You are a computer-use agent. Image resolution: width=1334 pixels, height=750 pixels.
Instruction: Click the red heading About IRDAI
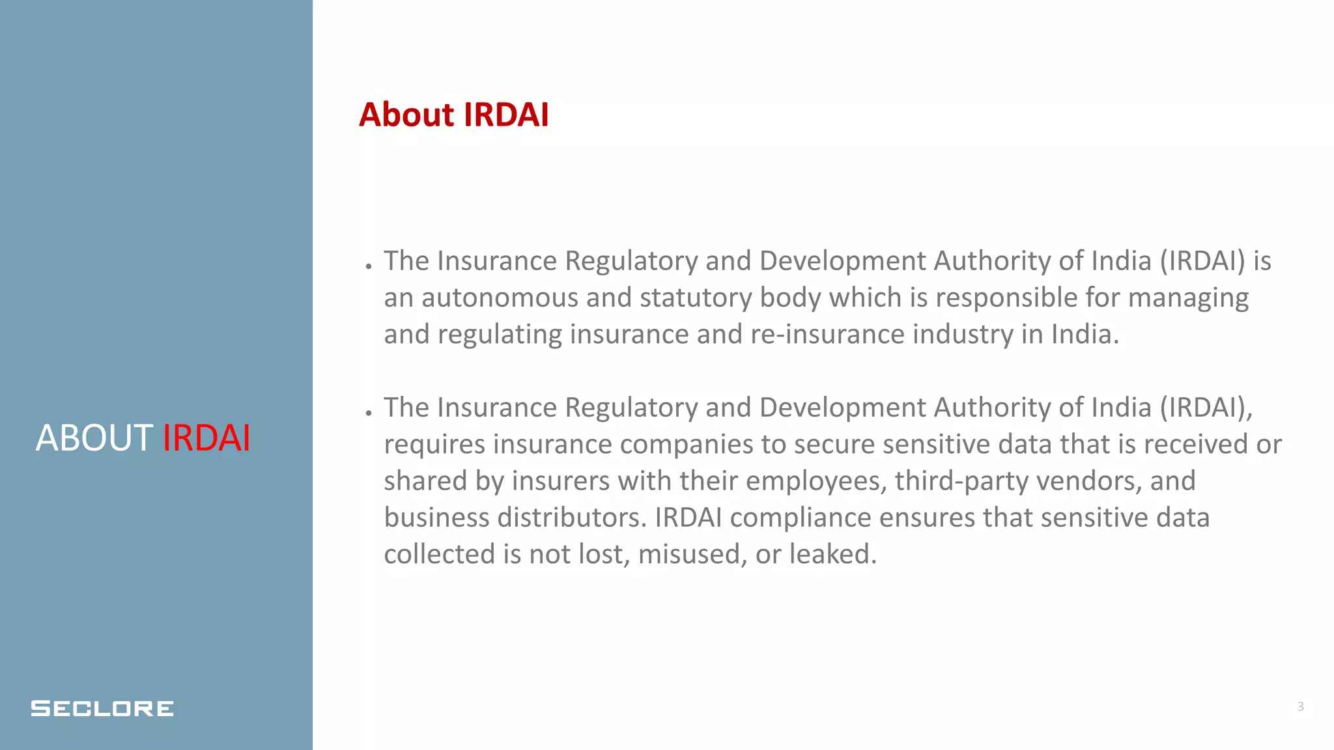pyautogui.click(x=454, y=115)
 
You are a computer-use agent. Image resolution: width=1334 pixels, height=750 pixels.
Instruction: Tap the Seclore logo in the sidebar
pyautogui.click(x=102, y=708)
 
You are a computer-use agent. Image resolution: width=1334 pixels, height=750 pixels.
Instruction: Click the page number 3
pyautogui.click(x=1300, y=706)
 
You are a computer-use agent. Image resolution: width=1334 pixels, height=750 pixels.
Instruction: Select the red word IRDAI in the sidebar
pyautogui.click(x=206, y=437)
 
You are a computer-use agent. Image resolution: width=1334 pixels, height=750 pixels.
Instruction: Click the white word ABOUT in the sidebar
pyautogui.click(x=94, y=437)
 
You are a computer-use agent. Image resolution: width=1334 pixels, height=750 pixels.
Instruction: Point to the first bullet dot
pyautogui.click(x=369, y=266)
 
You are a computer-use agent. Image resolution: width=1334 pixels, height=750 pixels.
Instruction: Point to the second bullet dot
pyautogui.click(x=369, y=413)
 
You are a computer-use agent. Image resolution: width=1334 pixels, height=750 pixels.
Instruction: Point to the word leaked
pyautogui.click(x=833, y=555)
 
